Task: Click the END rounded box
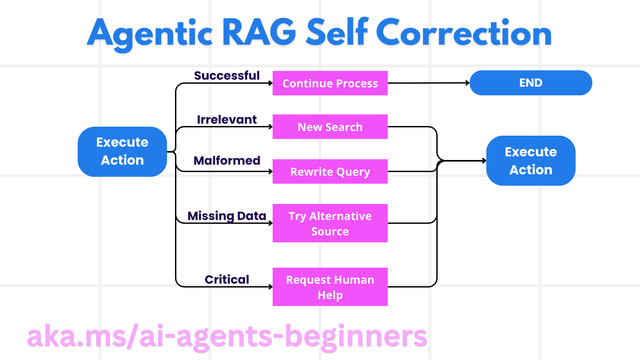tap(531, 83)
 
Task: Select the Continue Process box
tap(330, 83)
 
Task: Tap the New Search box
tap(330, 127)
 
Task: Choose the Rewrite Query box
tap(330, 171)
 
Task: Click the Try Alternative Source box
tap(330, 223)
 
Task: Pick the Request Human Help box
tap(330, 287)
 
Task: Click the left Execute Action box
tap(122, 151)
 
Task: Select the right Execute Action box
tap(531, 161)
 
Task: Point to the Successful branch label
tap(227, 76)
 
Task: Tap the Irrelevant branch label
tap(227, 119)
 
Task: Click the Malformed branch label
tap(227, 160)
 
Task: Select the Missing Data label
tap(227, 216)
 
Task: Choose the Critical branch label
tap(227, 279)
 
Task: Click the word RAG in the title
tap(259, 33)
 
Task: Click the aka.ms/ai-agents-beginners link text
tap(227, 337)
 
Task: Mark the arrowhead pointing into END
tap(468, 83)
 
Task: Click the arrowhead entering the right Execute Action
tap(484, 161)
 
